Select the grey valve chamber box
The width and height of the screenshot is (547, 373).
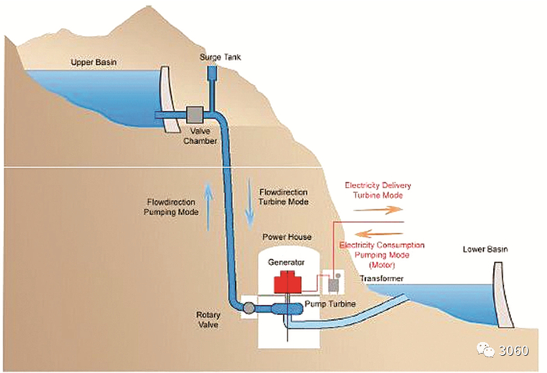[192, 115]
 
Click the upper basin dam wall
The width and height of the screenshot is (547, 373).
[166, 98]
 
